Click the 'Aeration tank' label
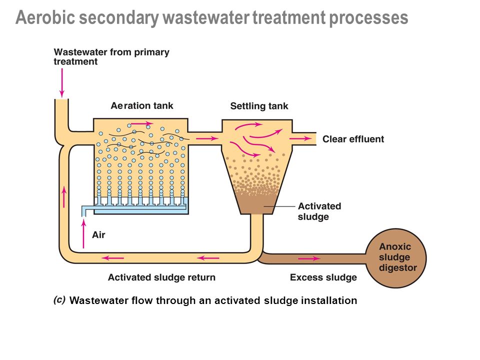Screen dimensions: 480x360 [142, 105]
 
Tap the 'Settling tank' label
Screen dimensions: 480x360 [259, 106]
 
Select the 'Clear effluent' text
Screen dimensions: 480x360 [353, 139]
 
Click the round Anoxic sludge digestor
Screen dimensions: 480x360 [396, 258]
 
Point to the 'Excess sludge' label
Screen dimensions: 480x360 [323, 277]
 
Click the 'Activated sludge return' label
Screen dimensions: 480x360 [161, 277]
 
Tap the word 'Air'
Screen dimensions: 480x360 [98, 235]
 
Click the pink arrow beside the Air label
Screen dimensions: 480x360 [83, 233]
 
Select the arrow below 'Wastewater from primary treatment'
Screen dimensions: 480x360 [62, 82]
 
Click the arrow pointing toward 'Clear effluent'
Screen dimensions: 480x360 [300, 138]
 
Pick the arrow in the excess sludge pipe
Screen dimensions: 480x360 [309, 258]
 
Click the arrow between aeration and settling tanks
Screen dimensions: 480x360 [207, 138]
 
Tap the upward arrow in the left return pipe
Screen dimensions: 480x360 [64, 197]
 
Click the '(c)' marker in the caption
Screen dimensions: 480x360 [59, 299]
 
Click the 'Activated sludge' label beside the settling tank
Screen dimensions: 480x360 [319, 211]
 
